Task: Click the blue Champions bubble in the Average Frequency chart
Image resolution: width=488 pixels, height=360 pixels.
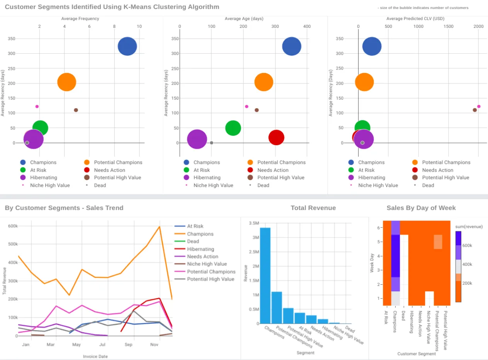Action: (x=127, y=47)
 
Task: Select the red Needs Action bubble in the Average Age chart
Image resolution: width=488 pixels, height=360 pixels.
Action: (x=276, y=138)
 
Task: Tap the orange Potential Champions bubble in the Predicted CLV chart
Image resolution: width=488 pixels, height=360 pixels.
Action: (x=364, y=82)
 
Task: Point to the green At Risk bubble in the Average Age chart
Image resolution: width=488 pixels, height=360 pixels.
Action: (x=233, y=128)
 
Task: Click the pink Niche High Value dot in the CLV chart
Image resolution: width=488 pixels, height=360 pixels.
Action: (x=479, y=106)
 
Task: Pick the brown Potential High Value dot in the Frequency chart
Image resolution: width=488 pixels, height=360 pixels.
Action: (x=76, y=110)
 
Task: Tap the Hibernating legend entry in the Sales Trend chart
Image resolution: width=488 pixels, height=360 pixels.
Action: (x=200, y=249)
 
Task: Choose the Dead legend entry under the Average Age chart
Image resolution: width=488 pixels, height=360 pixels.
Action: (x=263, y=185)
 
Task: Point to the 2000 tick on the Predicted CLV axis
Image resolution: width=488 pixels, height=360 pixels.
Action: (x=478, y=26)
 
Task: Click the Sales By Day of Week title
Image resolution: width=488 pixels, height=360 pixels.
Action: (x=421, y=208)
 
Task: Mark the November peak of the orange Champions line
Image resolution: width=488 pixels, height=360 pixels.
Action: (x=159, y=227)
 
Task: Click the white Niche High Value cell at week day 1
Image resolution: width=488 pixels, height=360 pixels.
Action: (x=429, y=298)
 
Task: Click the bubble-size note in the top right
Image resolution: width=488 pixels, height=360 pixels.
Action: (x=423, y=8)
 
